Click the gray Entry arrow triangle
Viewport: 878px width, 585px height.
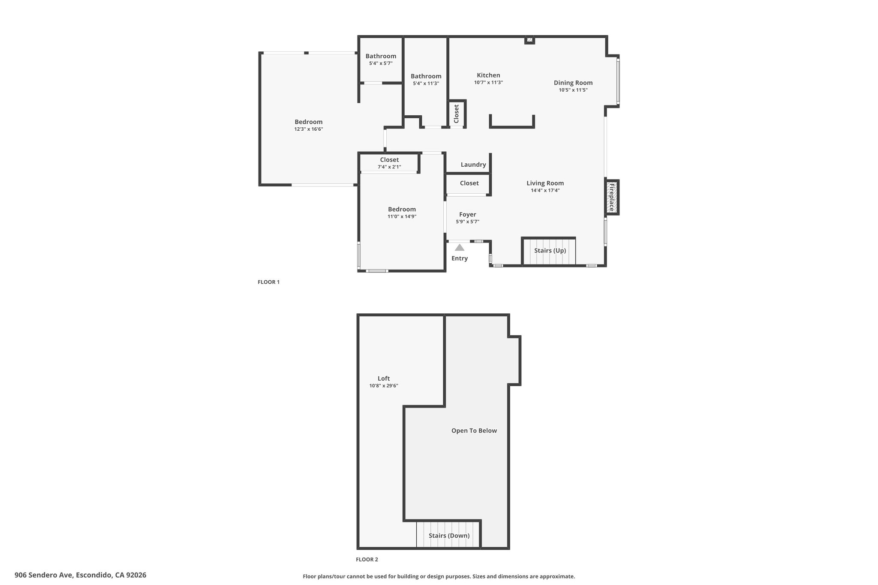(x=460, y=248)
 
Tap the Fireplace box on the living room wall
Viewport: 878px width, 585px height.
(x=612, y=197)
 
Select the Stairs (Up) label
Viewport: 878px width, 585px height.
(x=550, y=250)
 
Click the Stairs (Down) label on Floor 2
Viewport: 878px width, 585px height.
(x=449, y=535)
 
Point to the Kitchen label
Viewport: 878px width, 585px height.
(x=488, y=75)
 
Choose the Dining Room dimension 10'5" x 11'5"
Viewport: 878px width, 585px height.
(x=573, y=90)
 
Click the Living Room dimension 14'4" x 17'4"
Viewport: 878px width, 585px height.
(x=545, y=190)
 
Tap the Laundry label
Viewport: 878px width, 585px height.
(x=473, y=165)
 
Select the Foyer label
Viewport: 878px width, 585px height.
(x=468, y=214)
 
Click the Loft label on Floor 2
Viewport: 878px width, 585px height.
(x=384, y=378)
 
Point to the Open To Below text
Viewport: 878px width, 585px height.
(x=474, y=430)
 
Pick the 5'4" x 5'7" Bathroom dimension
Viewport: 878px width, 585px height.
(x=381, y=63)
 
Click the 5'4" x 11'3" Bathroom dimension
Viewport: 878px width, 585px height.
(x=426, y=84)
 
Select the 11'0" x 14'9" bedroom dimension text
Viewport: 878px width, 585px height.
(x=402, y=216)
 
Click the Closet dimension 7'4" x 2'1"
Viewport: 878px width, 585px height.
(x=389, y=167)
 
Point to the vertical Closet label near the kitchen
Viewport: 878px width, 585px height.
(x=456, y=114)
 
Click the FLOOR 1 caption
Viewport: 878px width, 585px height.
(x=268, y=282)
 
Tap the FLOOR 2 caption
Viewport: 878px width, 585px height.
(x=367, y=559)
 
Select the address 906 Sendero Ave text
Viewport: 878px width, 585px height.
(x=45, y=575)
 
